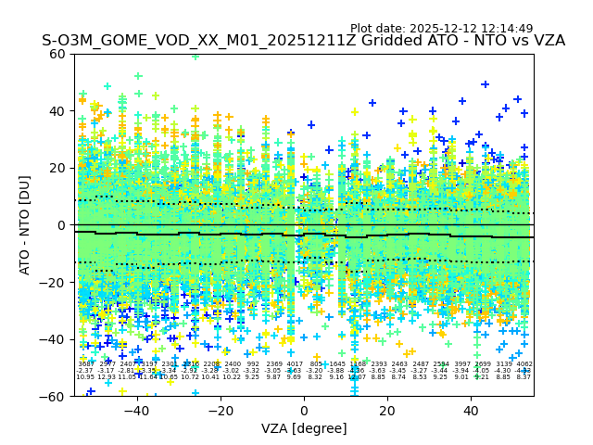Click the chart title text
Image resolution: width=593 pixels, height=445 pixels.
click(303, 41)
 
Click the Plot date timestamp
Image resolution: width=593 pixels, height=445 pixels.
click(441, 29)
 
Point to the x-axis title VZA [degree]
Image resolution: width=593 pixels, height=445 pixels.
click(303, 428)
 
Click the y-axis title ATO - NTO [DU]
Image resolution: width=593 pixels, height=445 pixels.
click(25, 224)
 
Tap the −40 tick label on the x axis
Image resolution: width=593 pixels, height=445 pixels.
click(136, 410)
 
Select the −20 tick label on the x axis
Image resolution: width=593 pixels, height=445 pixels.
click(220, 410)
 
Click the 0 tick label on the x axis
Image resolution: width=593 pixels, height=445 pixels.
click(304, 410)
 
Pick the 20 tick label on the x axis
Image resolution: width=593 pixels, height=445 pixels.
click(387, 410)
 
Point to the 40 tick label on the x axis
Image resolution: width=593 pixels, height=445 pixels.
click(471, 410)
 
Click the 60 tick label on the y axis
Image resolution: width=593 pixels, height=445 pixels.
click(57, 54)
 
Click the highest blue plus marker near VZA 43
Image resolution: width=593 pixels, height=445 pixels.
click(485, 84)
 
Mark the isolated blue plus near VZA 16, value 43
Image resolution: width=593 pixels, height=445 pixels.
click(372, 103)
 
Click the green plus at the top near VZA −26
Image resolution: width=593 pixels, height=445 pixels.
click(196, 56)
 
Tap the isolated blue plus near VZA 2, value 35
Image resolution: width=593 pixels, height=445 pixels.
click(311, 125)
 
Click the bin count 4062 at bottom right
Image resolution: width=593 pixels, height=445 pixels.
click(524, 364)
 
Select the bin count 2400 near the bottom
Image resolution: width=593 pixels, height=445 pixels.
click(232, 364)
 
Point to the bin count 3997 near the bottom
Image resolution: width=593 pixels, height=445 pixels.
click(461, 364)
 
